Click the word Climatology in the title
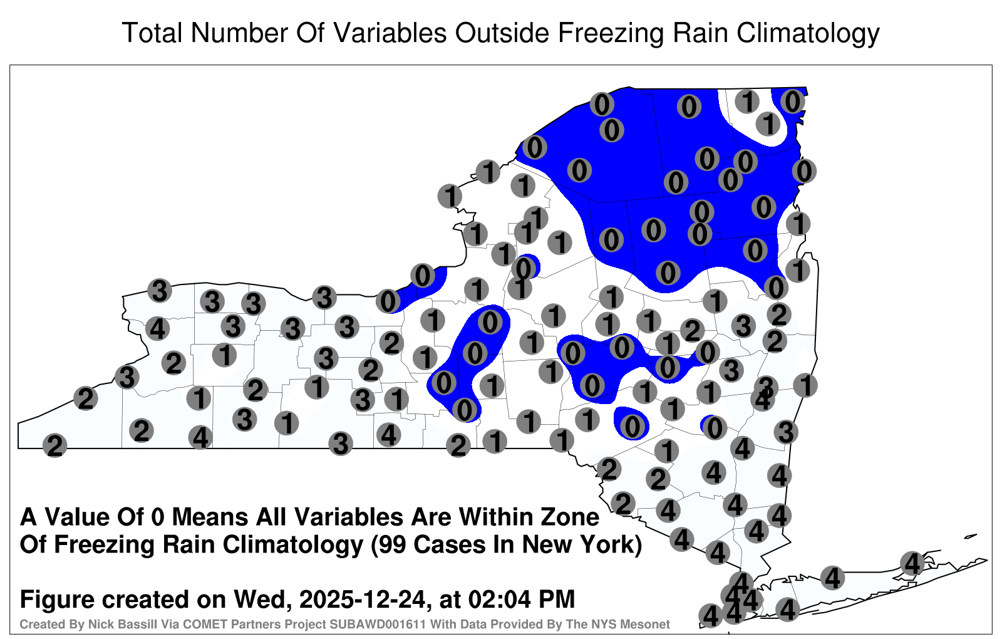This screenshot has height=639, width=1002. coord(808,33)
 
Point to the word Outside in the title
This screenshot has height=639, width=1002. coord(502,33)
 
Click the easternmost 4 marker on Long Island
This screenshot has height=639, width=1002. coord(912,563)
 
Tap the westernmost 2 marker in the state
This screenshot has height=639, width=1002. coord(54,445)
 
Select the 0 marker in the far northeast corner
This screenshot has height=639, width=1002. coord(793,101)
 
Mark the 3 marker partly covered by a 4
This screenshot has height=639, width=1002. coord(766,386)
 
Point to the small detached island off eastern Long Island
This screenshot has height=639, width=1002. coord(971,536)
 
